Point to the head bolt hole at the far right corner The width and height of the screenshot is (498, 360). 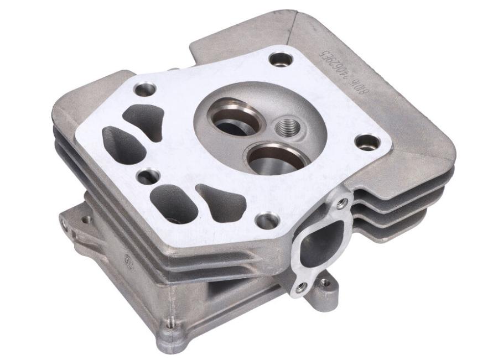[x=367, y=143]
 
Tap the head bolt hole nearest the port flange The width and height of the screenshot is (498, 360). [x=268, y=220]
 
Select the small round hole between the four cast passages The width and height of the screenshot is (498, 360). [x=148, y=177]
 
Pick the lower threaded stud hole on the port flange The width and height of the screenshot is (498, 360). [x=300, y=287]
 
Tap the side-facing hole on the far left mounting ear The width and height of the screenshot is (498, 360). [x=64, y=223]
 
